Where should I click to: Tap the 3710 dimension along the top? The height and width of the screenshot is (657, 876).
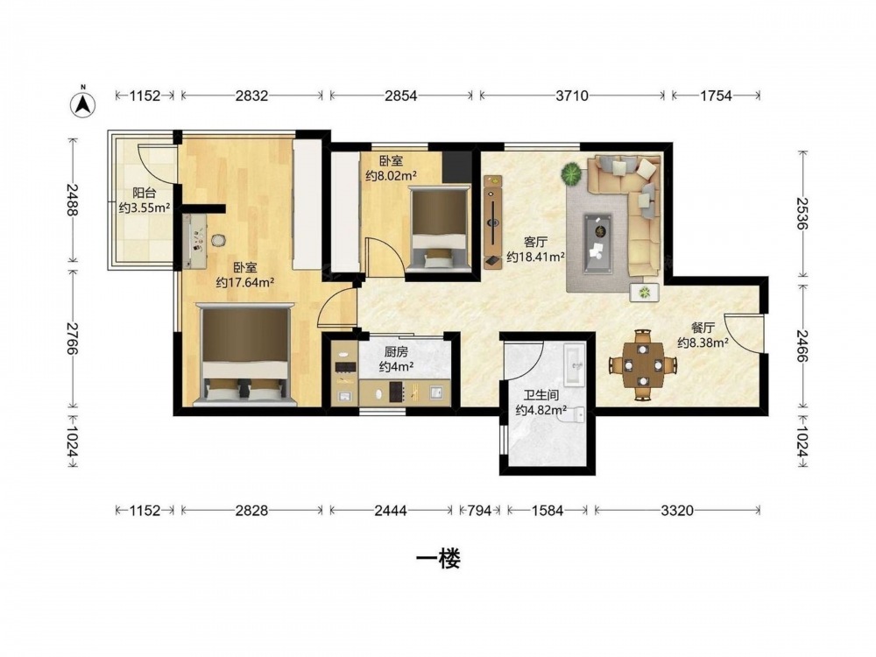pos(572,95)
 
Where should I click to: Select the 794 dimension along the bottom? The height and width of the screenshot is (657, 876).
pos(479,510)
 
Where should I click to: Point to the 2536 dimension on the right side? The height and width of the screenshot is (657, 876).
pos(802,214)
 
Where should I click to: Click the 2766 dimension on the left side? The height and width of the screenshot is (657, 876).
pos(72,338)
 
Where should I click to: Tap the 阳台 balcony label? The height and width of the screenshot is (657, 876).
pos(145,194)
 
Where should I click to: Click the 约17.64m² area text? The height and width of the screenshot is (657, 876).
pos(244,282)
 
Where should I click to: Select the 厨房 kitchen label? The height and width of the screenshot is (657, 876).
pos(396,352)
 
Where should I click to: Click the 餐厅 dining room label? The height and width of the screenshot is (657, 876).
pos(703,328)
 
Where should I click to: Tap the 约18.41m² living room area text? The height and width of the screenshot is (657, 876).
pos(535,257)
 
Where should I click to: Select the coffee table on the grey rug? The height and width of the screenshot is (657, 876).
pos(597,244)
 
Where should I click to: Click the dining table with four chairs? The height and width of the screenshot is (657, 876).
pos(643,364)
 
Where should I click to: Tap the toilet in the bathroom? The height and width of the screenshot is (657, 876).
pos(574,414)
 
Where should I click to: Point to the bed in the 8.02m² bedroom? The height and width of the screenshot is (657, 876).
pos(439,229)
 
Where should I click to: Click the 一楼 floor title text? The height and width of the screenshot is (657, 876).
pos(438,559)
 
